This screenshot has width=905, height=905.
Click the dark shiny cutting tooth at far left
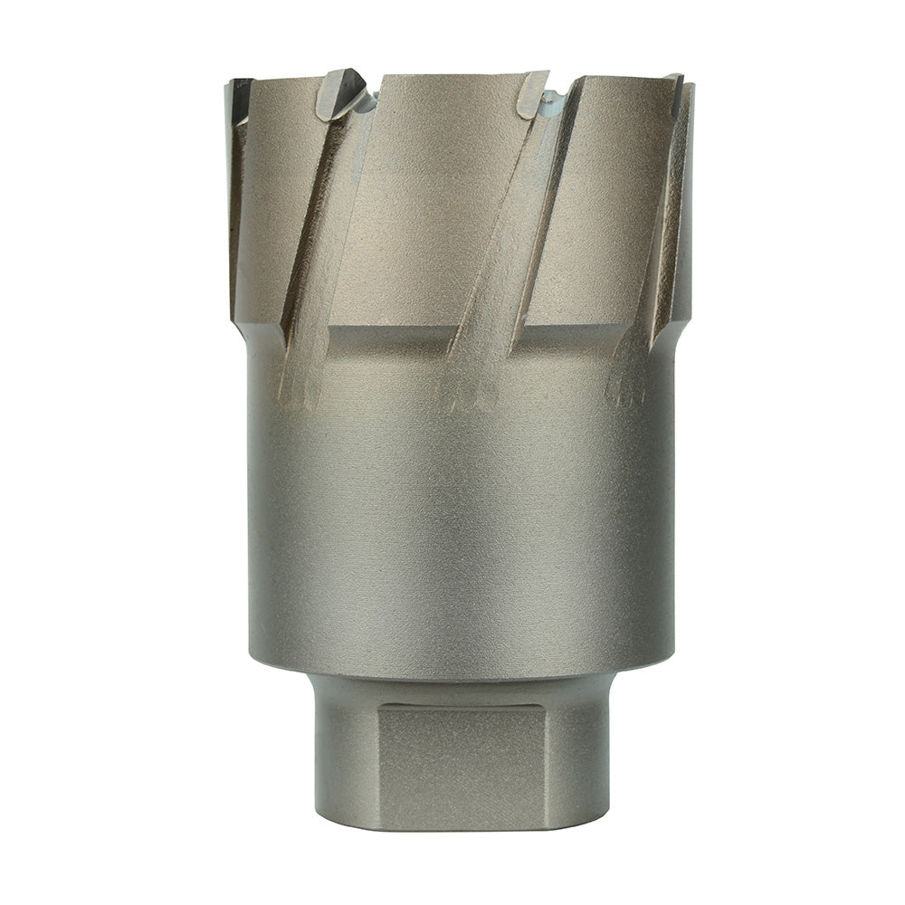(239, 100)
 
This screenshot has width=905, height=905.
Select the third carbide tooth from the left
(533, 92)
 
